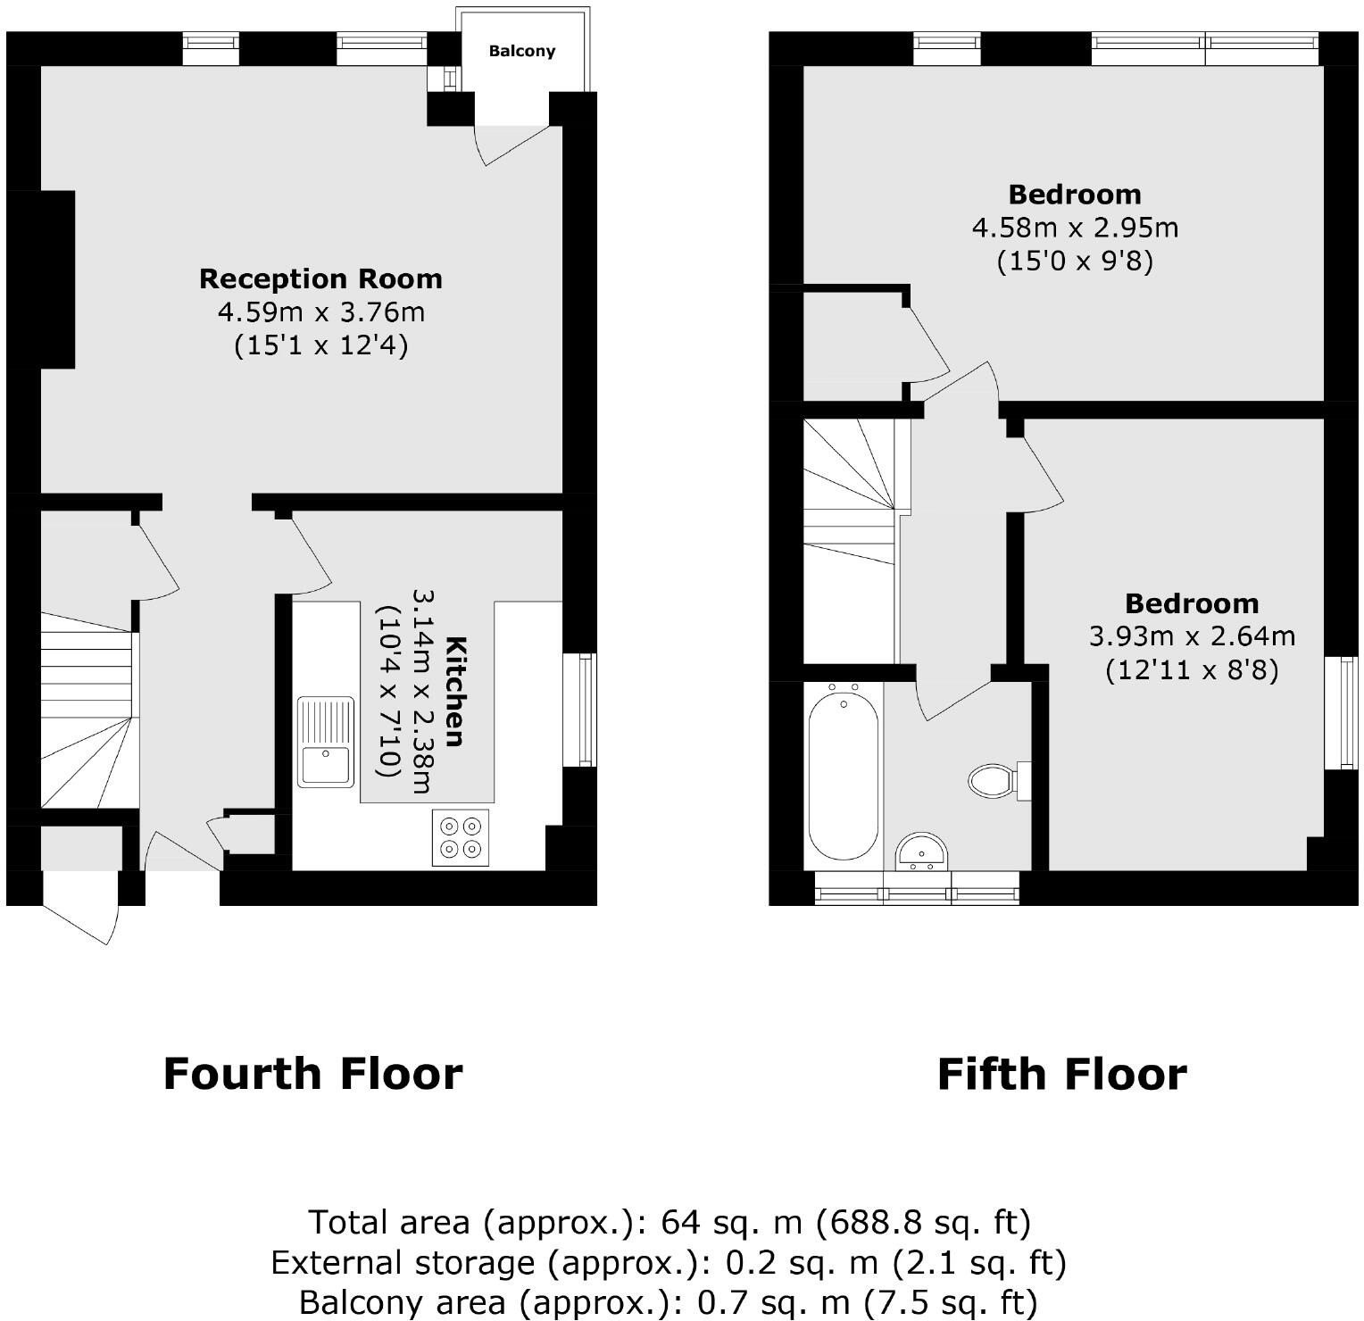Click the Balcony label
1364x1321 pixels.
(521, 52)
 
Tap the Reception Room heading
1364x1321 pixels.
(320, 278)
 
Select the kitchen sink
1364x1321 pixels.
(326, 743)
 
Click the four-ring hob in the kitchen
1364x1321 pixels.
(462, 837)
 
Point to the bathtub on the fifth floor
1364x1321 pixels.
(843, 776)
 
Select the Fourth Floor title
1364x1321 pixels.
(312, 1074)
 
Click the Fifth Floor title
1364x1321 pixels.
(1061, 1074)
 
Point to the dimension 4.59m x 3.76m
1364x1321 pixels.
(320, 312)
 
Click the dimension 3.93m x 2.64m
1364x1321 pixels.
(1191, 636)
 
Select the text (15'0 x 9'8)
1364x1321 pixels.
(1075, 262)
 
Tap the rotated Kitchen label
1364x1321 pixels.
(454, 691)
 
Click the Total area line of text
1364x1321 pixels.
(669, 1221)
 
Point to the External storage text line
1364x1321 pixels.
(669, 1262)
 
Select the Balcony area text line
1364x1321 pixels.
(669, 1302)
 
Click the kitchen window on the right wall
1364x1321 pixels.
(586, 710)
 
